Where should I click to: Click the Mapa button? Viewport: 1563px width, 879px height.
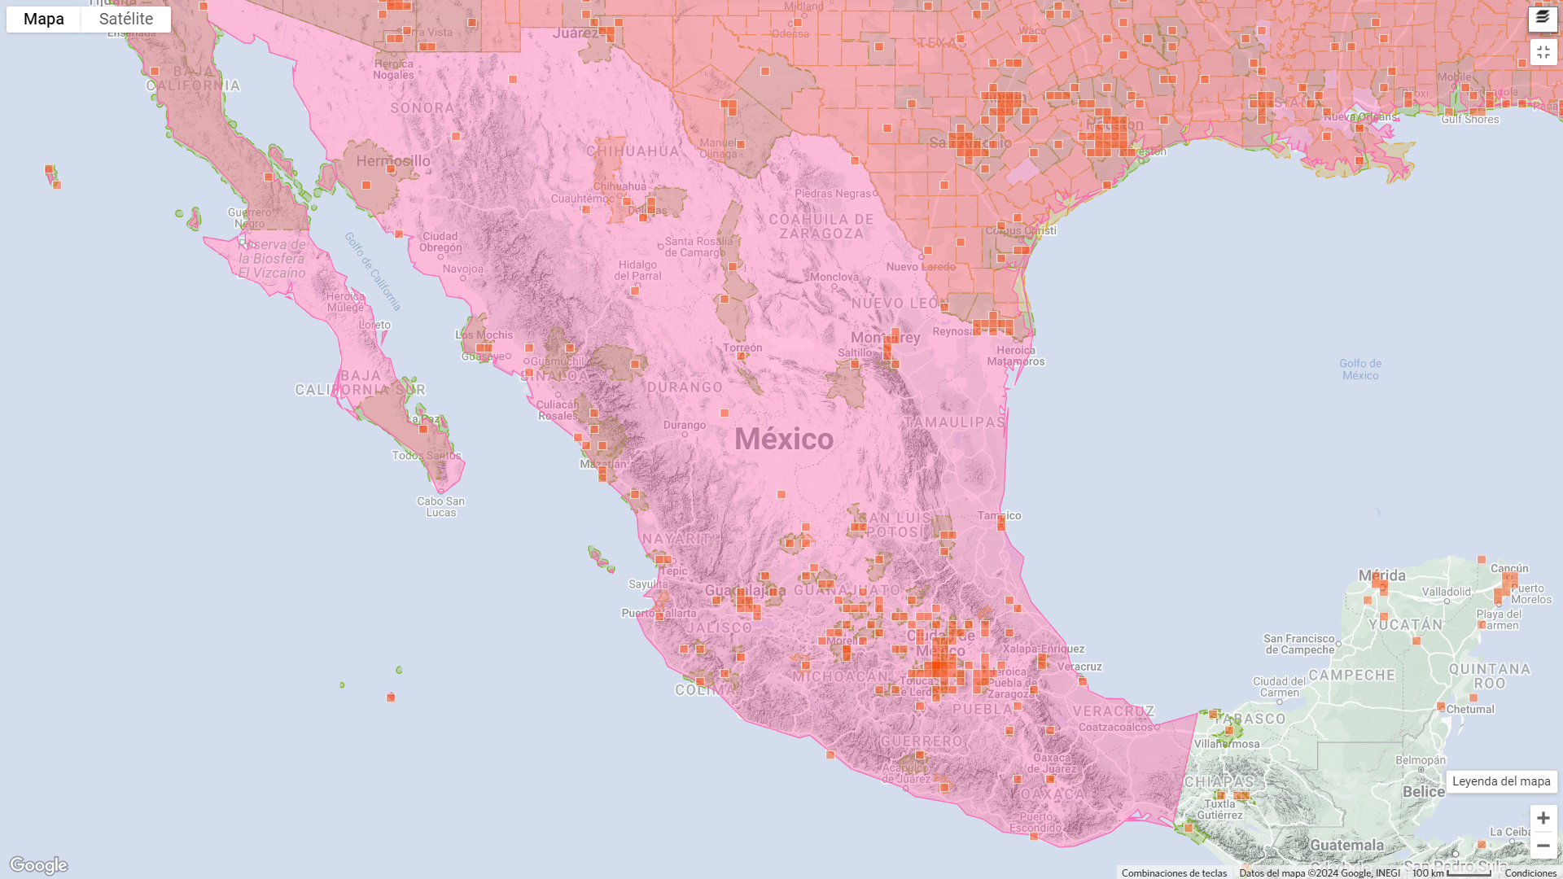44,19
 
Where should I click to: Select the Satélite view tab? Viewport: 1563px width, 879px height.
126,19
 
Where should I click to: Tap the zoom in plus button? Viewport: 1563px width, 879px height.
1543,818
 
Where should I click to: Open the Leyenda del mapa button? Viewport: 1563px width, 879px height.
1501,781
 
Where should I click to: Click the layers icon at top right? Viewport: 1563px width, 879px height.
1543,18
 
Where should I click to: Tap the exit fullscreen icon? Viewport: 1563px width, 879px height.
1543,52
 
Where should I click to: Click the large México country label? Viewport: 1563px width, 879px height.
784,439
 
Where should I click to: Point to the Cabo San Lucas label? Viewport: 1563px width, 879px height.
440,506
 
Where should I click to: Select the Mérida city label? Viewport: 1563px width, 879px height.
1382,575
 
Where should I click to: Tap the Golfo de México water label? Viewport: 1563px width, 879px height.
1360,370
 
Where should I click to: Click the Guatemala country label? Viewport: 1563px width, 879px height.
1346,845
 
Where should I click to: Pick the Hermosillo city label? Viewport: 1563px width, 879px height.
393,160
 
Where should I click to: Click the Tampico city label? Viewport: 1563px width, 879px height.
1000,515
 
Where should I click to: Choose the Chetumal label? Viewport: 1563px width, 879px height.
1470,709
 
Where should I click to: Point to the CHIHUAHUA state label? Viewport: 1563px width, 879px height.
633,151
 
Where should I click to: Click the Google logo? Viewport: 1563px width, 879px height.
38,864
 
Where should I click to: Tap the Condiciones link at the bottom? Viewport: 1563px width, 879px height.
1530,873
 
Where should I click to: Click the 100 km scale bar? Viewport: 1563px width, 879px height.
1451,873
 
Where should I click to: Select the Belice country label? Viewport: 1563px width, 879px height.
1424,792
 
